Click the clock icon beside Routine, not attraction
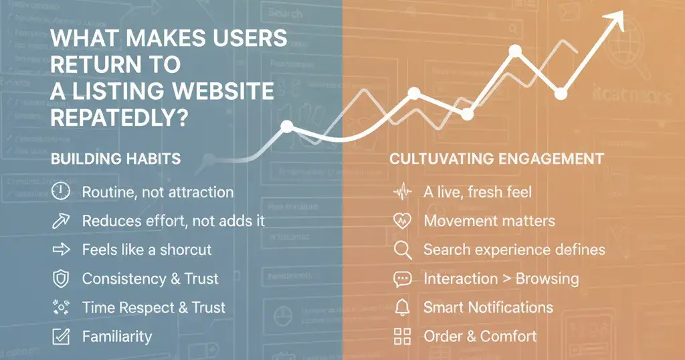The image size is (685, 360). click(x=61, y=192)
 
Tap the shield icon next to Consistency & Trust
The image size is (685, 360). click(x=61, y=278)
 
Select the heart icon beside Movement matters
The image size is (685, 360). click(x=402, y=221)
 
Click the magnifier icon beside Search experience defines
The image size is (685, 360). click(x=402, y=250)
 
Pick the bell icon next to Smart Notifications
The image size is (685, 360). click(x=402, y=308)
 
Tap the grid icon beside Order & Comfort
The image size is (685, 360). click(x=402, y=337)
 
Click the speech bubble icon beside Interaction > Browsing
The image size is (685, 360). click(x=402, y=279)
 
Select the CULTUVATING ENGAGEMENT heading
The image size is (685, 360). click(x=496, y=159)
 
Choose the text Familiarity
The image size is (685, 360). click(x=116, y=337)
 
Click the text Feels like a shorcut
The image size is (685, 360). click(x=146, y=250)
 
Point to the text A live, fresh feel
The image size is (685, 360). click(x=478, y=192)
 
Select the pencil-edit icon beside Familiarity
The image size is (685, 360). click(x=61, y=337)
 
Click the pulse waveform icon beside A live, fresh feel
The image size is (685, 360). click(x=402, y=193)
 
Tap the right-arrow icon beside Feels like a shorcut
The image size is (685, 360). click(x=61, y=250)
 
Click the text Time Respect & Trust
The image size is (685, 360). click(x=153, y=308)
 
